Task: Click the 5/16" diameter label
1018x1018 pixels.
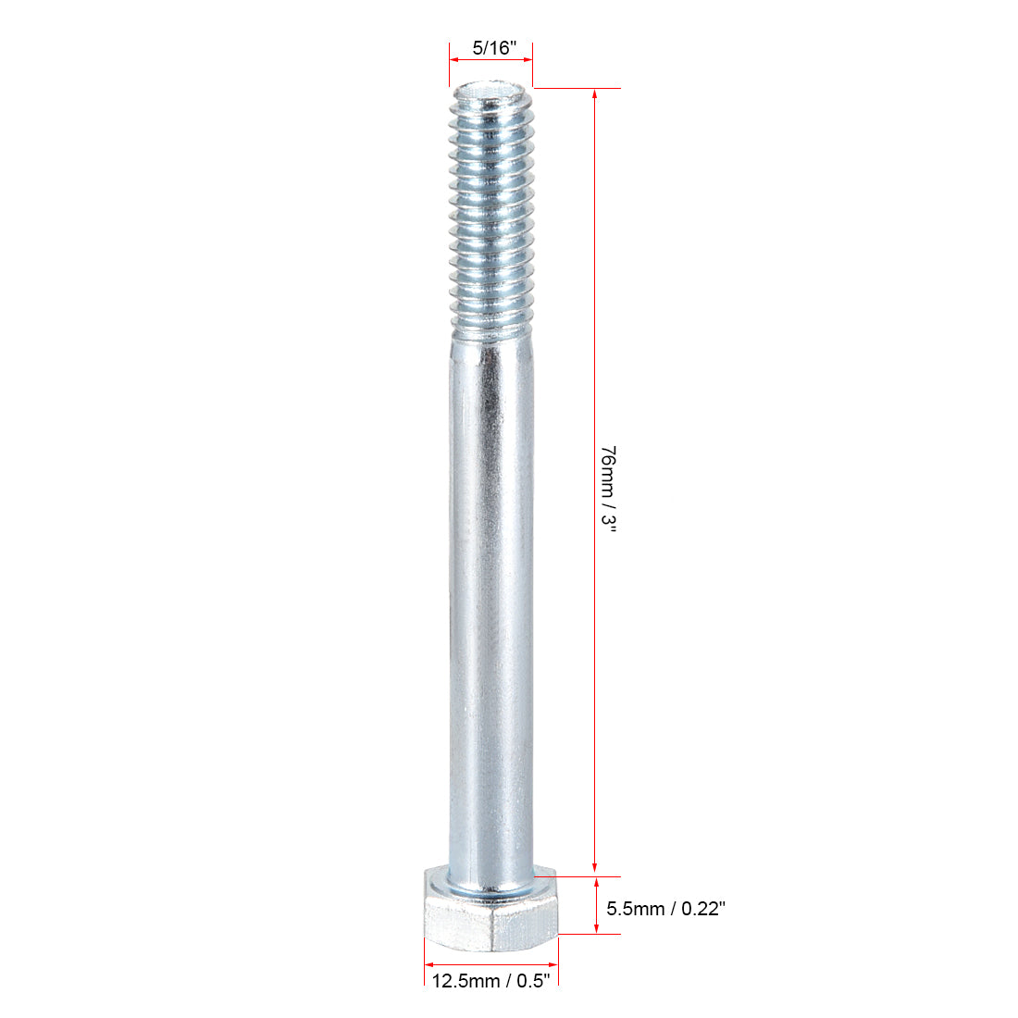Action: point(490,47)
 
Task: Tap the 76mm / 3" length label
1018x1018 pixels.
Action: point(608,488)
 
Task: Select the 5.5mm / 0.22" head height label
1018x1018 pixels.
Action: point(665,909)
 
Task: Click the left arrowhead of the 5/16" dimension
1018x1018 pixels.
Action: point(454,59)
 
